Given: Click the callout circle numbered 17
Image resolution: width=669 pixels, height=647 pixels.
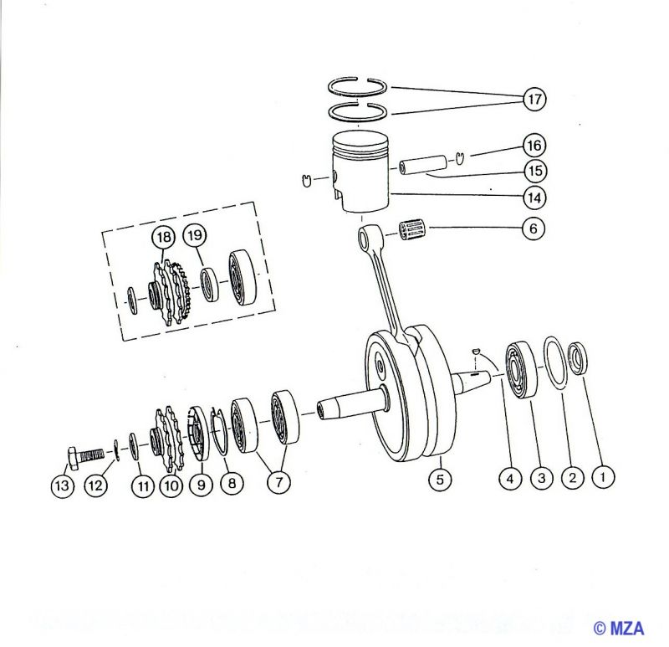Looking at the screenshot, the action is (x=534, y=99).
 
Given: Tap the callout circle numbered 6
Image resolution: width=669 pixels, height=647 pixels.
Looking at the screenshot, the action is (x=534, y=229).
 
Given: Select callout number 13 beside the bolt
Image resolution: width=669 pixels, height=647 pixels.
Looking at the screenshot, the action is (x=62, y=485).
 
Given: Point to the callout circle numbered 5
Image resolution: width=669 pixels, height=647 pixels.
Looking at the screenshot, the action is (x=440, y=479).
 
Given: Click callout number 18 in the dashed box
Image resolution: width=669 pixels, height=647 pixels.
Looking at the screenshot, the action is (x=163, y=237).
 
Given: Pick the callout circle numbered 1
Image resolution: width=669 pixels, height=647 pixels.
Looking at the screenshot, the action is (x=603, y=476).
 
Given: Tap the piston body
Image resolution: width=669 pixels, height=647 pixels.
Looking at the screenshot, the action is (x=361, y=172).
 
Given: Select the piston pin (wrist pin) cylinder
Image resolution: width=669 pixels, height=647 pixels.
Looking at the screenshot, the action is (x=423, y=165).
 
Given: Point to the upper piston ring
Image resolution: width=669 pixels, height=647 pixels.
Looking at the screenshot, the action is (x=358, y=86).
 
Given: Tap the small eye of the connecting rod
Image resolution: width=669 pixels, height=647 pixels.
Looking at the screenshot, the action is (x=366, y=239).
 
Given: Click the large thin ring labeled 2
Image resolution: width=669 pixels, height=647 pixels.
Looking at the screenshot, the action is (x=555, y=362).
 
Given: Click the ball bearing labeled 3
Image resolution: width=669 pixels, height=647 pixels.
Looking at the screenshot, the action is (x=521, y=369).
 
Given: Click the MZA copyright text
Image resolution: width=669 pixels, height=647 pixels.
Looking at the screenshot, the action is (x=619, y=628).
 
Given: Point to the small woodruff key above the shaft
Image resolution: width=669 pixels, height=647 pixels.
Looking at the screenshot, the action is (x=477, y=351).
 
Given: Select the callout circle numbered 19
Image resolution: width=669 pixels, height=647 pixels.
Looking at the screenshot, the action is (x=195, y=235).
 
